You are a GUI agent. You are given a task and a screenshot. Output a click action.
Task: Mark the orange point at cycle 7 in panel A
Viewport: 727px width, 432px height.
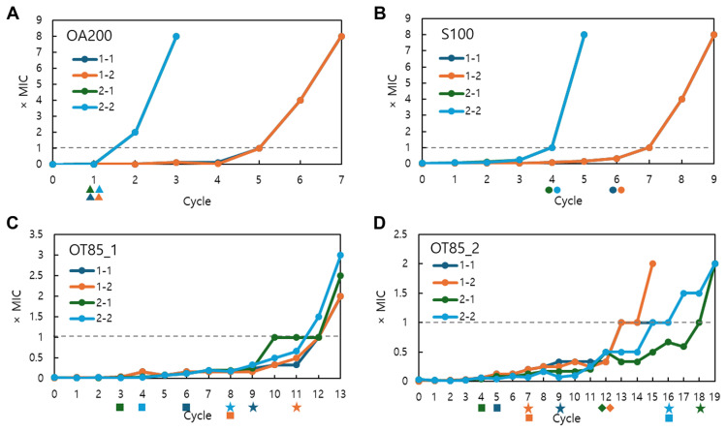[x=341, y=36]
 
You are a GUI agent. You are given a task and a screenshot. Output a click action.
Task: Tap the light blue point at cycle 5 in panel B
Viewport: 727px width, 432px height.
[x=584, y=35]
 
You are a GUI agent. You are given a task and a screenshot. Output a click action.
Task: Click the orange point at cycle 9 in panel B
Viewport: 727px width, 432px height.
[x=713, y=35]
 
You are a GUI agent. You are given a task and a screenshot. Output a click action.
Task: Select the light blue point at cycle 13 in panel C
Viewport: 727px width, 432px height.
[x=340, y=255]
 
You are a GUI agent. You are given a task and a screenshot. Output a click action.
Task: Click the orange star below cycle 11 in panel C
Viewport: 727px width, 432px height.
[x=297, y=408]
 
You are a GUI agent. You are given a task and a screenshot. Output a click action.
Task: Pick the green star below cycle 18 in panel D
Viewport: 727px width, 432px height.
[x=700, y=408]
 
